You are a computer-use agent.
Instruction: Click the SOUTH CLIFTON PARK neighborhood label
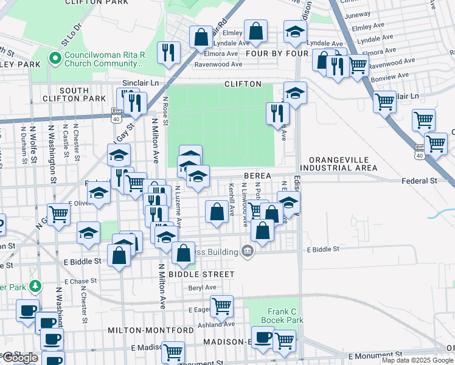74,94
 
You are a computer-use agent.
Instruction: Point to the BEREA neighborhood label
257,176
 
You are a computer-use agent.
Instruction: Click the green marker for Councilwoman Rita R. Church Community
54,60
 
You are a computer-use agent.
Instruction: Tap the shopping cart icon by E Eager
221,305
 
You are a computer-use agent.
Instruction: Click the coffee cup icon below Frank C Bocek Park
263,337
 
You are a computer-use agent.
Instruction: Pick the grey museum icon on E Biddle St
247,251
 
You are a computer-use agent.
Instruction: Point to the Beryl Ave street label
203,287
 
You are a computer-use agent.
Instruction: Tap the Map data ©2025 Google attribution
417,360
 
